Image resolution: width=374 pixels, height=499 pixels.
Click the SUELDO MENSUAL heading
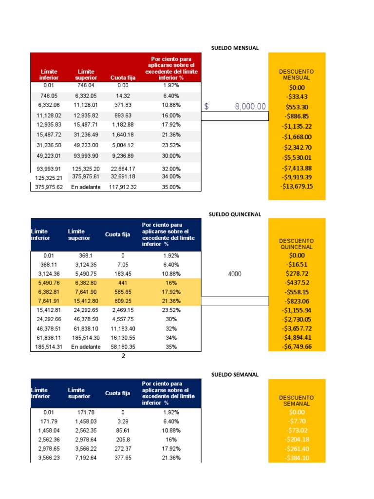coord(235,48)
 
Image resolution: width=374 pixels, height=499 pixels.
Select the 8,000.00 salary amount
coord(250,107)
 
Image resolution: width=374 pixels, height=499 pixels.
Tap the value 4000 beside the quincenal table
coord(235,274)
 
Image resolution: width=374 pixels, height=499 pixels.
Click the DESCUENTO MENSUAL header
coord(297,75)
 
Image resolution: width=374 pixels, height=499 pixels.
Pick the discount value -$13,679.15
coord(297,186)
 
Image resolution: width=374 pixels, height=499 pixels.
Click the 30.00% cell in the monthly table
coord(171,156)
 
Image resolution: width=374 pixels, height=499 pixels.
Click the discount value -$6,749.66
coord(297,346)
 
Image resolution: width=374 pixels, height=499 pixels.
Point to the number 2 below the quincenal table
coord(123,356)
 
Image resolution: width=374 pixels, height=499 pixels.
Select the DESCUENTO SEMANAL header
coord(297,401)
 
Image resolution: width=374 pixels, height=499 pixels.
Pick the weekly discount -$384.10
coord(297,458)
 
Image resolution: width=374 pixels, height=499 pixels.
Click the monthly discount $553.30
coord(297,107)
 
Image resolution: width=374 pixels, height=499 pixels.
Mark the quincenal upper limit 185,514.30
coord(85,337)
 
